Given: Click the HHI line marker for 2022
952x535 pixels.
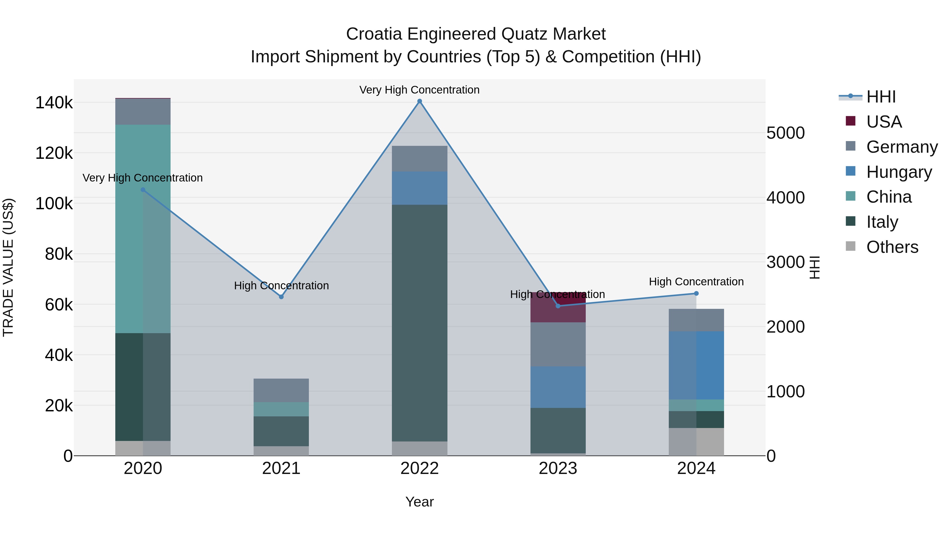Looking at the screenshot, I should click(419, 101).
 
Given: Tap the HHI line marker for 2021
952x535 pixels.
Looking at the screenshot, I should click(281, 297).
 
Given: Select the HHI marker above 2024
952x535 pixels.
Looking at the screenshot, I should click(696, 294).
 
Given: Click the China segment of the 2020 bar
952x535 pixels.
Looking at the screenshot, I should click(143, 229).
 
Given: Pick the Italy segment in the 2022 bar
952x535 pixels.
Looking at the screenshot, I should click(419, 323).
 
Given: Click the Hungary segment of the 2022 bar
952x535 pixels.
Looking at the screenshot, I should click(419, 188).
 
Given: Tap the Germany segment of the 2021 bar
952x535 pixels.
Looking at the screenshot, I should click(281, 390).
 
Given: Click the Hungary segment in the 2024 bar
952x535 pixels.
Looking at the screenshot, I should click(696, 366).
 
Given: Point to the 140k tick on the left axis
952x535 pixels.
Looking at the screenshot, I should click(54, 103).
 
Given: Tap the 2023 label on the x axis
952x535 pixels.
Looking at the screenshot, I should click(558, 468).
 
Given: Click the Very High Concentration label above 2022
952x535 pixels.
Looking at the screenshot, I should click(419, 90).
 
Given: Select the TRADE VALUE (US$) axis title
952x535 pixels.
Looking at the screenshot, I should click(8, 267).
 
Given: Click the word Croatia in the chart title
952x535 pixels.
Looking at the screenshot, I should click(374, 34).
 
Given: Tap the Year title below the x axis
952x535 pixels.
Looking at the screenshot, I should click(419, 502).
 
